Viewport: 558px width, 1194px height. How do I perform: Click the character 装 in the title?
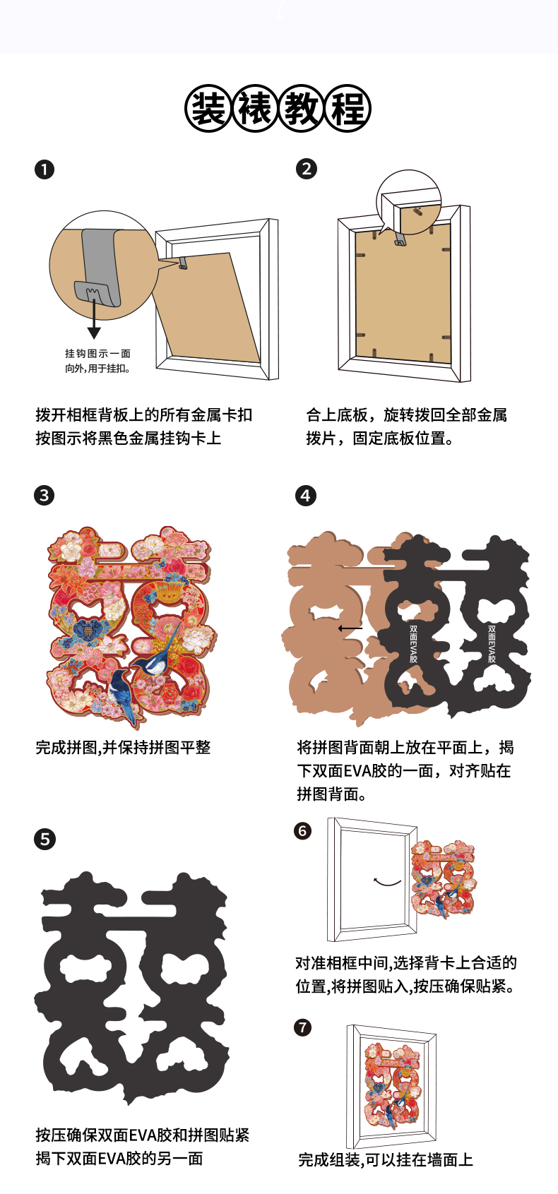pos(208,108)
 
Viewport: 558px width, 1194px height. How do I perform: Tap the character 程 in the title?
pos(348,108)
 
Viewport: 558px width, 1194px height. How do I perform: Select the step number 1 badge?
pos(44,169)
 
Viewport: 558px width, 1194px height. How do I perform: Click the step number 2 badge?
pos(307,169)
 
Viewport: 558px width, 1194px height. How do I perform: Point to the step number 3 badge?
pos(44,495)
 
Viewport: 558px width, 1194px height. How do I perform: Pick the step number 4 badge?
pos(306,496)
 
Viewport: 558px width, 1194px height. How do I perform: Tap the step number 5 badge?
pos(44,840)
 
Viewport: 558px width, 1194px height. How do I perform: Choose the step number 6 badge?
pos(302,830)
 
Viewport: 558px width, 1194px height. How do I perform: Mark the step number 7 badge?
pos(302,1027)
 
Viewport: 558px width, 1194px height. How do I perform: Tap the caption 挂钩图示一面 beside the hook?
pos(97,354)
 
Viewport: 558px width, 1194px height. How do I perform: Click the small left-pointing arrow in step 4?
pos(350,628)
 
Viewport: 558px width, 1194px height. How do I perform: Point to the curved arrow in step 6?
pos(387,882)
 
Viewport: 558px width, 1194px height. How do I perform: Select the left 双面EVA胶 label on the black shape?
pos(413,644)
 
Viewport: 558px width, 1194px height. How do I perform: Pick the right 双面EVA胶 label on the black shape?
pos(492,644)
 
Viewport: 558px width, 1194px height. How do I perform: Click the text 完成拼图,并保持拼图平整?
pos(123,747)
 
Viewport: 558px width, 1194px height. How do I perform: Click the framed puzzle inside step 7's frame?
pos(392,1085)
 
